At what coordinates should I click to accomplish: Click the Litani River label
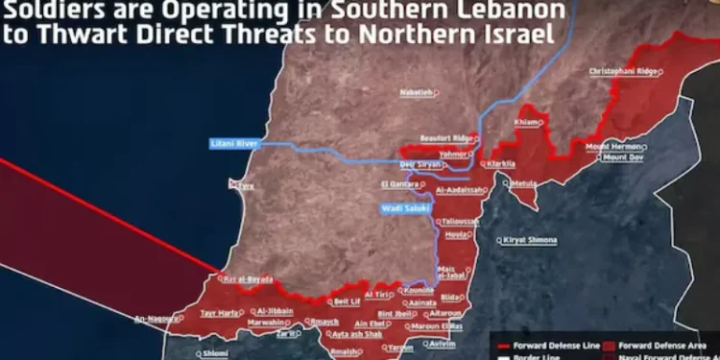(x=234, y=144)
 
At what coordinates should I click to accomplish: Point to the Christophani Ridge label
(x=625, y=71)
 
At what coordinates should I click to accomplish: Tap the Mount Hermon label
(x=613, y=146)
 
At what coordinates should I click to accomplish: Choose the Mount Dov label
(x=628, y=156)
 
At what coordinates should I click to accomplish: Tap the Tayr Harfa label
(x=218, y=313)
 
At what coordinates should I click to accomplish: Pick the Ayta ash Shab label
(x=356, y=335)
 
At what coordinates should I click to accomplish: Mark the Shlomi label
(x=215, y=353)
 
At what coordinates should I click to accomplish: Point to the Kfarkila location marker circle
(x=482, y=164)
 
